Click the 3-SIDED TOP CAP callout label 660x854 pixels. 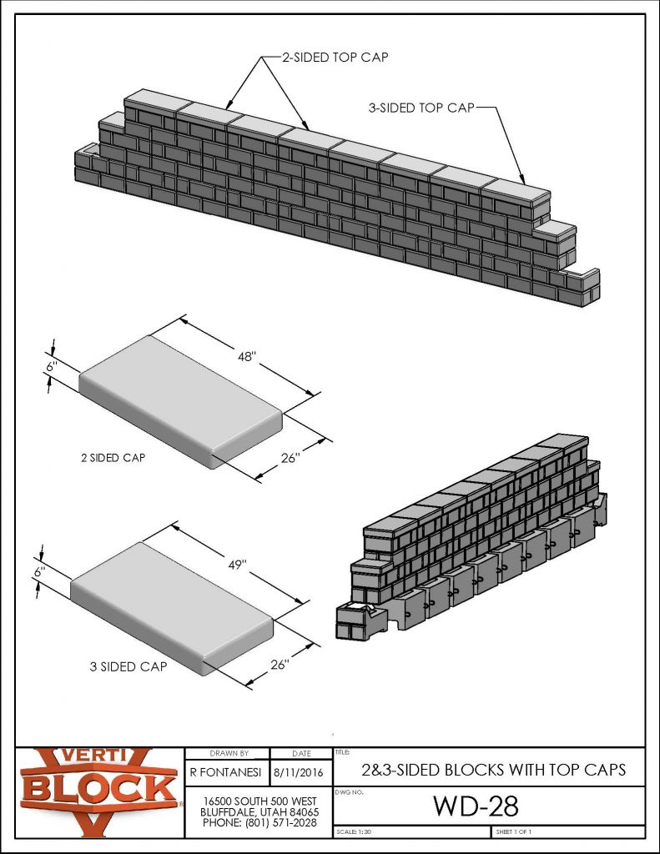pyautogui.click(x=421, y=108)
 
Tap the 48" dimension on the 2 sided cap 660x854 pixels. pyautogui.click(x=247, y=356)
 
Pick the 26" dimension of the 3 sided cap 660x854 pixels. pyautogui.click(x=280, y=665)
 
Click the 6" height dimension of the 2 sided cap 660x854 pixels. pyautogui.click(x=51, y=366)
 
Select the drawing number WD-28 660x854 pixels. pyautogui.click(x=476, y=806)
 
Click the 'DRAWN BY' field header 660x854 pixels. pyautogui.click(x=227, y=753)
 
